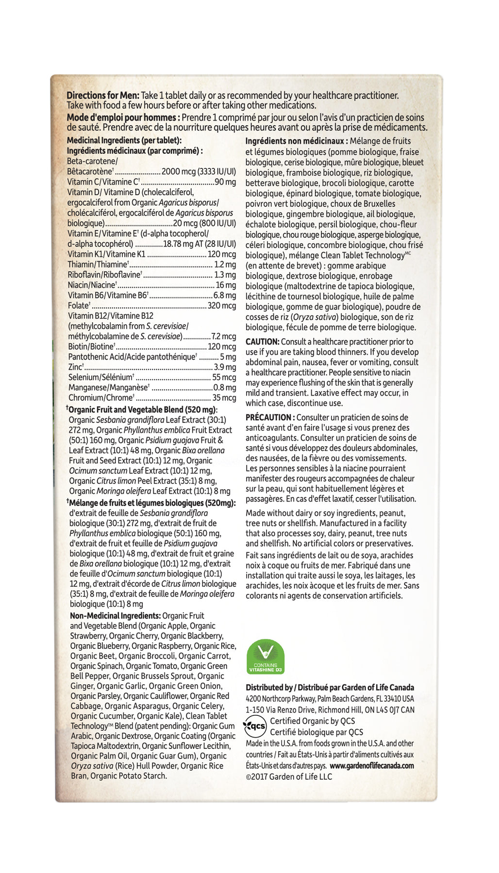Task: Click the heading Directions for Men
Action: (103, 96)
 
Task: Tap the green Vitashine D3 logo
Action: (266, 657)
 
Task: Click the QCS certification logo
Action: (255, 726)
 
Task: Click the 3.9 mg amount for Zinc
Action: (225, 367)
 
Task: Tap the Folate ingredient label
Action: (79, 306)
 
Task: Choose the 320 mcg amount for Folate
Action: (222, 306)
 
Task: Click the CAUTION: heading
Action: (262, 342)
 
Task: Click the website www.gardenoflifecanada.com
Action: (372, 766)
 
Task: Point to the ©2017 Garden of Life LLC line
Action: (289, 776)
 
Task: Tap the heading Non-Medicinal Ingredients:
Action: (115, 616)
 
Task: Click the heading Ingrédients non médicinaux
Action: (297, 141)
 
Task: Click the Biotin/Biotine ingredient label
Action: (91, 347)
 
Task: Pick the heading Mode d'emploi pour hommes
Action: (123, 117)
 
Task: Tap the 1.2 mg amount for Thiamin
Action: (225, 265)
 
